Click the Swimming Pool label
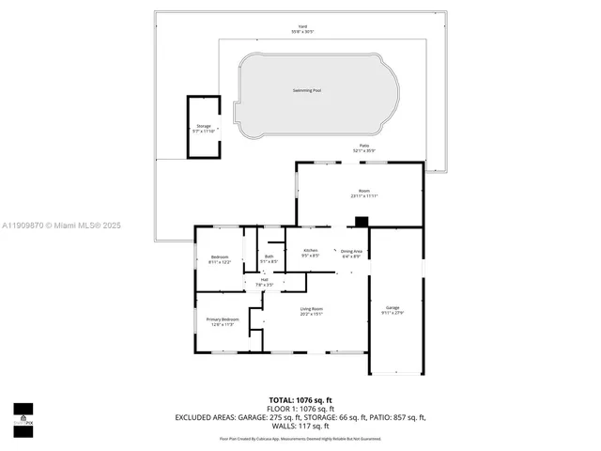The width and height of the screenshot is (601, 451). [307, 90]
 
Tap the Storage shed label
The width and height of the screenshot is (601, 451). [204, 126]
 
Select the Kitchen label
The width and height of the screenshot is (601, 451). [310, 251]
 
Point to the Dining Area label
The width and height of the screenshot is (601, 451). [352, 251]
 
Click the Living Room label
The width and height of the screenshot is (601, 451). [311, 309]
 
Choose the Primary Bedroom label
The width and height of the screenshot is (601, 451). [223, 320]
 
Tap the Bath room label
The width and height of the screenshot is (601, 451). [269, 257]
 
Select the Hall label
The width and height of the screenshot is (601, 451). [265, 280]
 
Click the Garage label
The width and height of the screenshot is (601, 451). [392, 308]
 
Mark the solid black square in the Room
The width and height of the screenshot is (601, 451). [362, 223]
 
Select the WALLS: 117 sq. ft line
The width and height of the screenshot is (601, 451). [300, 426]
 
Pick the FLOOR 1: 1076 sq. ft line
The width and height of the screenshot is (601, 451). [300, 409]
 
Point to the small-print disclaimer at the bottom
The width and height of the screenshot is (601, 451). [300, 438]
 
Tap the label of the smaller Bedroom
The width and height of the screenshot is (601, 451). [219, 258]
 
